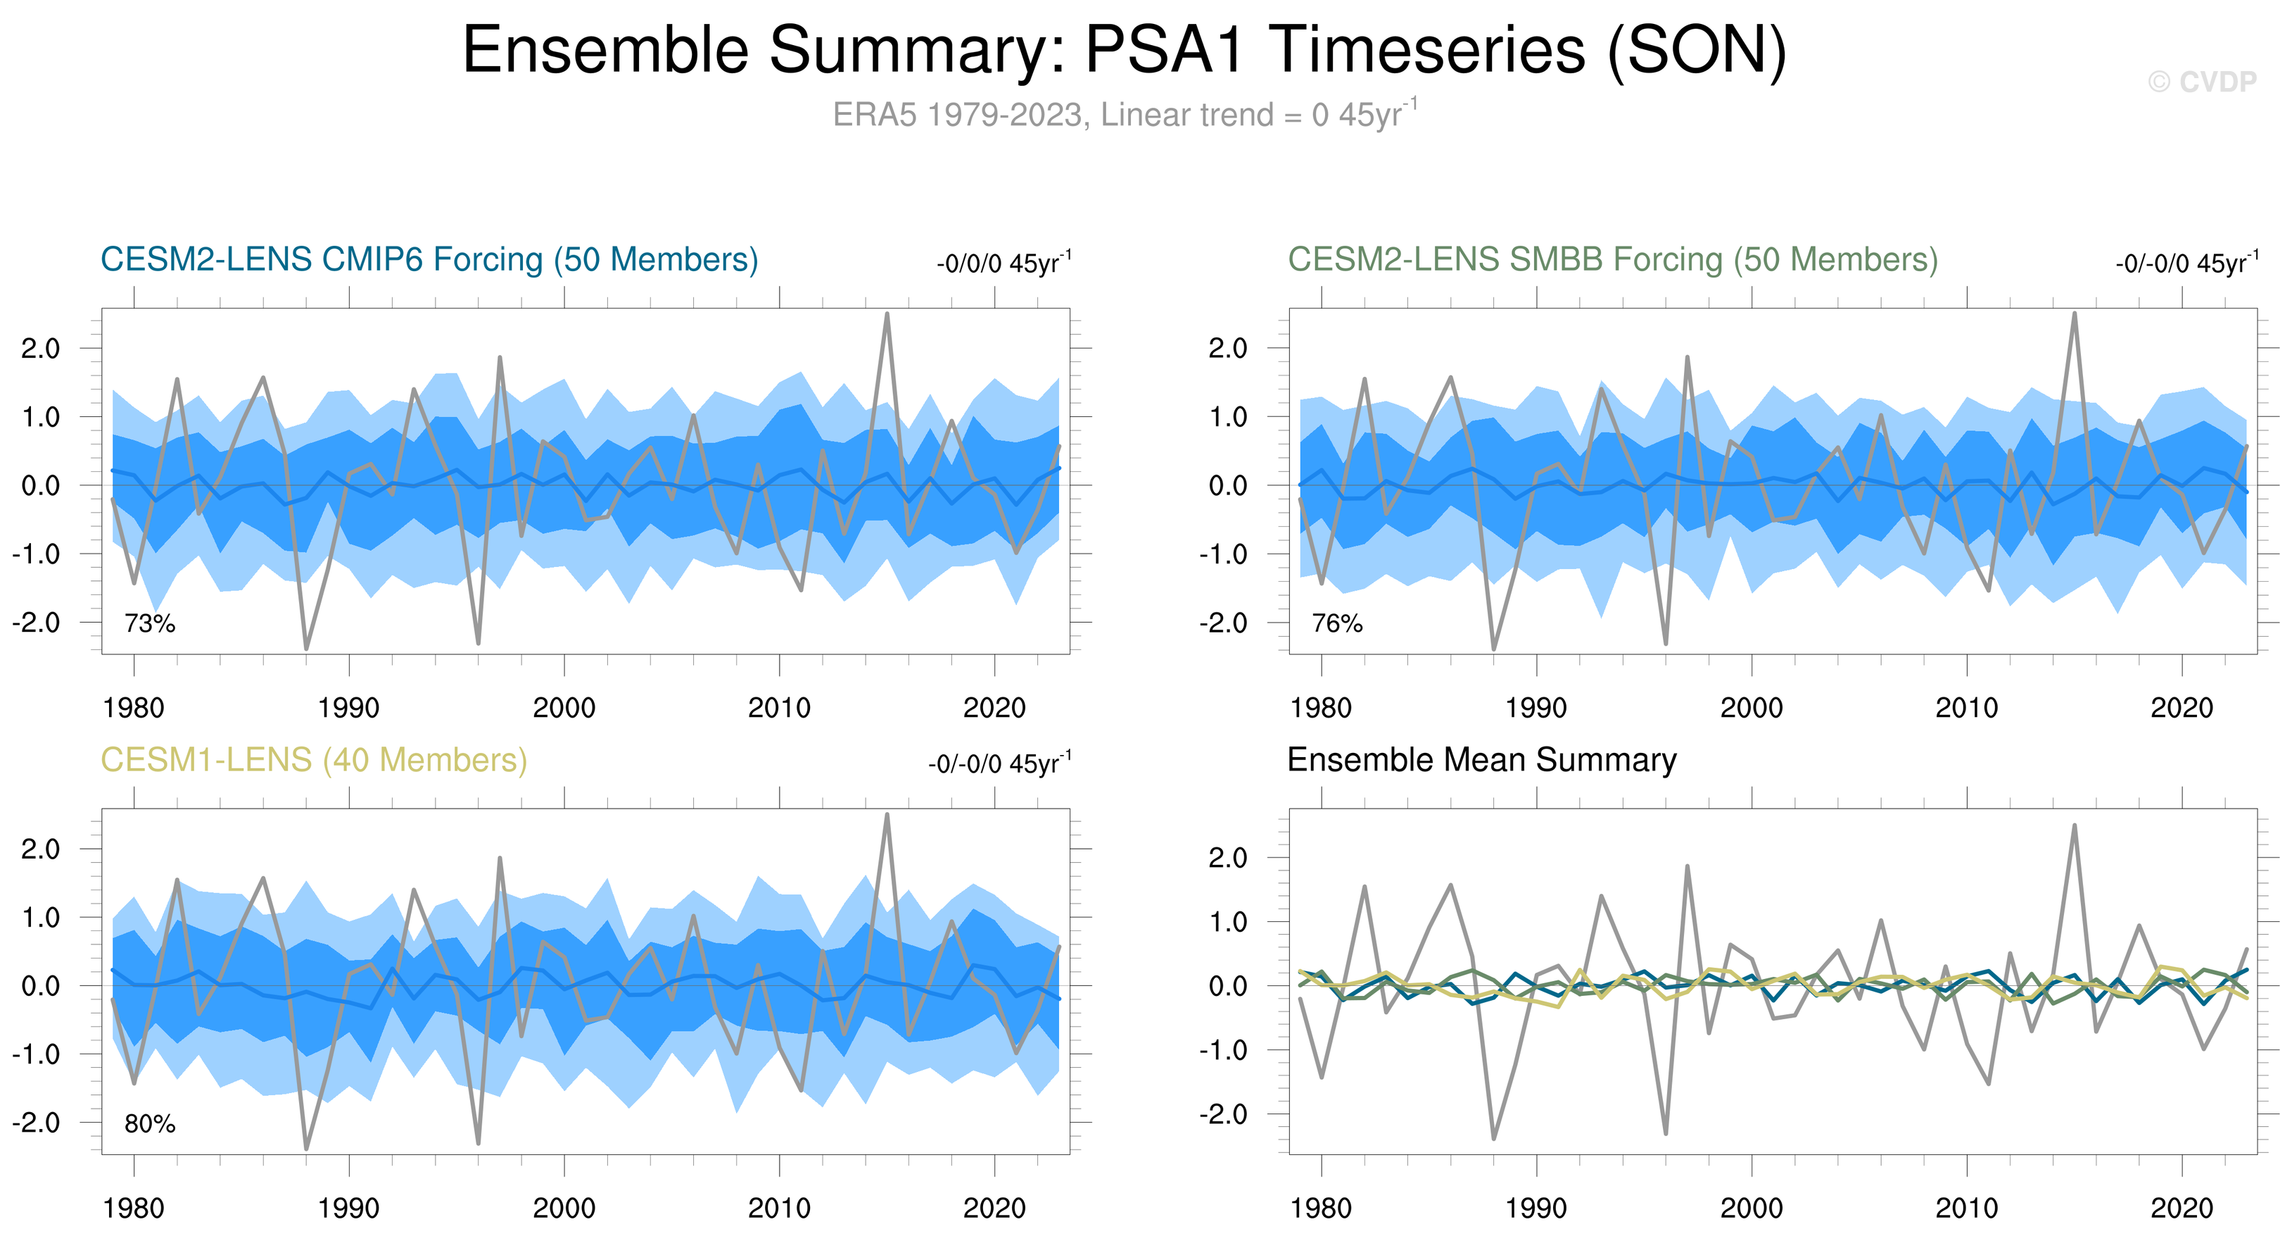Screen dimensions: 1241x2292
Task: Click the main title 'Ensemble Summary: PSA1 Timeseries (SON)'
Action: [x=1125, y=50]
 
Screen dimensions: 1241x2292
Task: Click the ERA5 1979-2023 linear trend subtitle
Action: [x=1125, y=115]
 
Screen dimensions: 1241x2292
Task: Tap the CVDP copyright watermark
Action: [x=2201, y=82]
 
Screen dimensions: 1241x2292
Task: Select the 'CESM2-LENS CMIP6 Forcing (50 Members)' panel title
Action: [x=429, y=260]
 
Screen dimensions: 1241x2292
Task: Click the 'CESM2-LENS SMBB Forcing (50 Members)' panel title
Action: [x=1612, y=260]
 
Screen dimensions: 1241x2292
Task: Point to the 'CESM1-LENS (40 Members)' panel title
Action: [x=313, y=760]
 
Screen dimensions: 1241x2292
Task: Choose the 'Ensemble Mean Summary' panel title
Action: [x=1481, y=760]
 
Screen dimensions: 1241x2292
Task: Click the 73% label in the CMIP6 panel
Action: [x=149, y=623]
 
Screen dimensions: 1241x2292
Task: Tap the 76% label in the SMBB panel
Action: [x=1336, y=623]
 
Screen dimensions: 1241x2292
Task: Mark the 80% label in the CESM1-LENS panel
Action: [x=149, y=1123]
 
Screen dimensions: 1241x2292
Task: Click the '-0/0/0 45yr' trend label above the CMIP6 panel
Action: [x=1003, y=263]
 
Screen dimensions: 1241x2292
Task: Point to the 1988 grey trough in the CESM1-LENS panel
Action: [x=306, y=1147]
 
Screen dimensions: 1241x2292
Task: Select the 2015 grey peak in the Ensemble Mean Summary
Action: [x=2074, y=826]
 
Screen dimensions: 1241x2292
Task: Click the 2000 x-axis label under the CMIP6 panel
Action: [x=564, y=709]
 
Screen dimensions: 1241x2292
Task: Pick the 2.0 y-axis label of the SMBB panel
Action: [x=1228, y=348]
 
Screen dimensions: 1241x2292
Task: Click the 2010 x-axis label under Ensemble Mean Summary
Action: [x=1966, y=1208]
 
